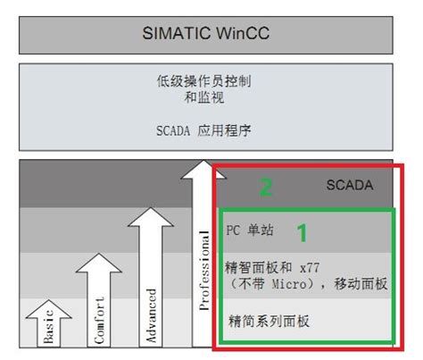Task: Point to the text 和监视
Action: pyautogui.click(x=211, y=97)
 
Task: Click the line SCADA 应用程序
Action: pyautogui.click(x=211, y=130)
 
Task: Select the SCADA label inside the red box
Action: pyautogui.click(x=349, y=186)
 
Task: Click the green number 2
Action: pyautogui.click(x=265, y=188)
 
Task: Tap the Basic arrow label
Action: pyautogui.click(x=48, y=330)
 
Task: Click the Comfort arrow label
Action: pyautogui.click(x=99, y=318)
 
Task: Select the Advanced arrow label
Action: pyautogui.click(x=152, y=314)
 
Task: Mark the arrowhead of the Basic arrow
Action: pyautogui.click(x=48, y=308)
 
